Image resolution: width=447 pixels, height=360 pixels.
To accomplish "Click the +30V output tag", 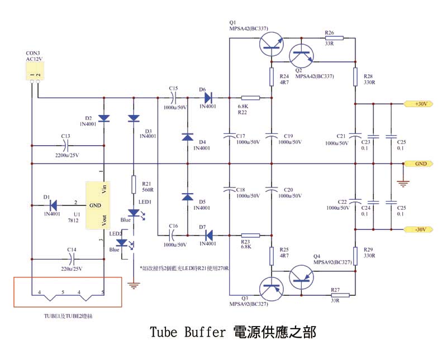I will (419, 104).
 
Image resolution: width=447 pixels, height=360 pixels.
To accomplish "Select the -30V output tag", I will (419, 229).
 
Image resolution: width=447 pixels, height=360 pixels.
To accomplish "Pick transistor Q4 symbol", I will (302, 277).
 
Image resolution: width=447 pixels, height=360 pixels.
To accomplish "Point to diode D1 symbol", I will (54, 205).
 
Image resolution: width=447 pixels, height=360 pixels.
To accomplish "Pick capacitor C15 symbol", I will (173, 98).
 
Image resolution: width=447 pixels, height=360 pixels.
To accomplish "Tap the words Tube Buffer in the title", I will (187, 333).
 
